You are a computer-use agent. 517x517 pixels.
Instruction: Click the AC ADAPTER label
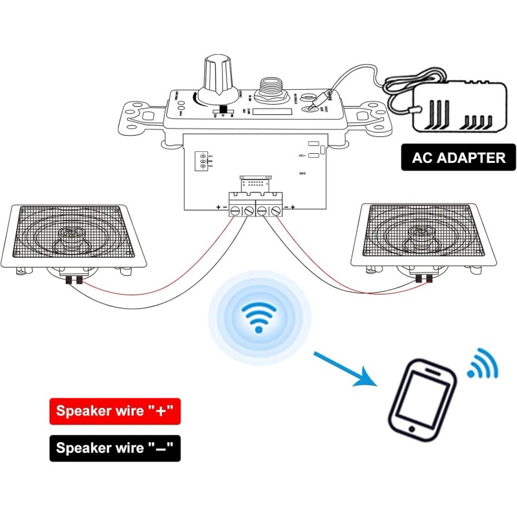coord(459,158)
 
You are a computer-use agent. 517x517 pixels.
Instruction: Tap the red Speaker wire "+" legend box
coord(114,411)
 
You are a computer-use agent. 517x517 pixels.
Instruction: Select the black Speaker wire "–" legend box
coord(114,448)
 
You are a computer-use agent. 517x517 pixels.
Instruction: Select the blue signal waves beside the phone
coord(483,365)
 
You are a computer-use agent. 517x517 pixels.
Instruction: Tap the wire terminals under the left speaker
coord(72,279)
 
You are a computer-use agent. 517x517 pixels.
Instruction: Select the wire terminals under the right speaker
coord(425,279)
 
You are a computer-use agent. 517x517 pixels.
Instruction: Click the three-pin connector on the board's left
coord(202,161)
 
